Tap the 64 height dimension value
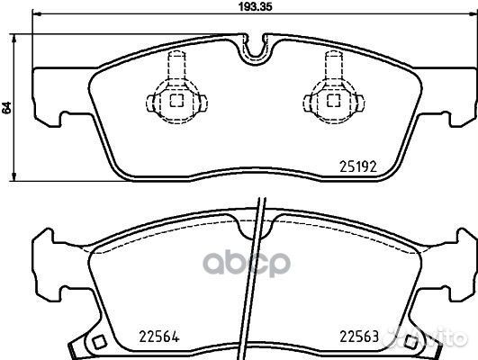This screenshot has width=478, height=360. pos(7,107)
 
